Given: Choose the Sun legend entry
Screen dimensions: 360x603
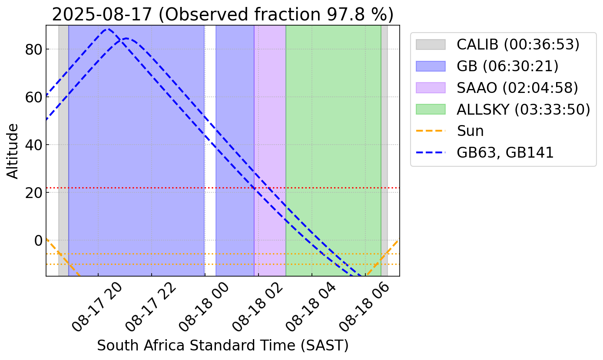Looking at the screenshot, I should coord(470,131).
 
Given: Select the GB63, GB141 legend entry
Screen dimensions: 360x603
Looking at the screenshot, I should coord(505,152).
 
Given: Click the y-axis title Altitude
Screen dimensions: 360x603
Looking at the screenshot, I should coord(13,151).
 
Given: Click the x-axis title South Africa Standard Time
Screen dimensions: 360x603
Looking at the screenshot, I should coord(222,346).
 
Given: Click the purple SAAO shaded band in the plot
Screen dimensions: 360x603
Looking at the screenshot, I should coord(270,130).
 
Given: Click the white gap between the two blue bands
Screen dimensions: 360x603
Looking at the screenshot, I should coord(210,130).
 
